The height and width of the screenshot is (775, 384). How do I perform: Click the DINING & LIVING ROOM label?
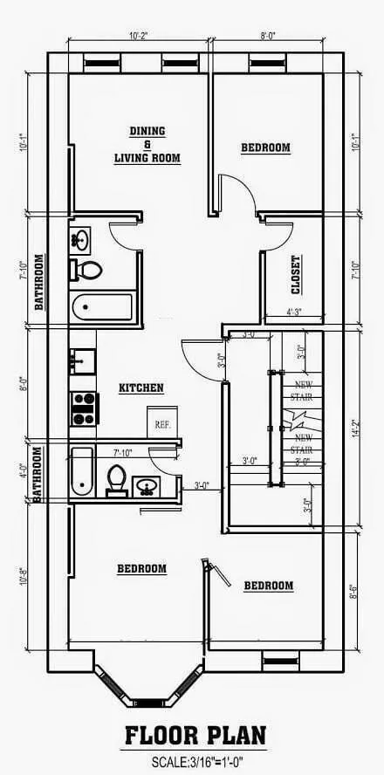(x=147, y=144)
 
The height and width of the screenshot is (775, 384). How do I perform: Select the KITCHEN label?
(x=141, y=387)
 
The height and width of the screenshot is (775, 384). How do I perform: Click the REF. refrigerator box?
(x=162, y=422)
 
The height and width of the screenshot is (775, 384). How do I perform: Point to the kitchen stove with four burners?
(x=84, y=408)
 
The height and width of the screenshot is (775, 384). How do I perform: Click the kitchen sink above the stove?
(x=83, y=359)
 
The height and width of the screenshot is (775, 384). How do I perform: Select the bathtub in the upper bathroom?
(x=101, y=306)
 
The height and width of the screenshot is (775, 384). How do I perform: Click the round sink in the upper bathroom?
(x=81, y=238)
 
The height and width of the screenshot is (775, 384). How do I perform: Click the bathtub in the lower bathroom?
(x=81, y=471)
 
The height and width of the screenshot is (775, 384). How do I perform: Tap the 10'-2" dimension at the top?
(x=138, y=37)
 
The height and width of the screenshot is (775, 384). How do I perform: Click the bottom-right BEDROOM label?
(x=268, y=586)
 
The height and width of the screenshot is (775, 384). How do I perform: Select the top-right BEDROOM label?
(x=265, y=148)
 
